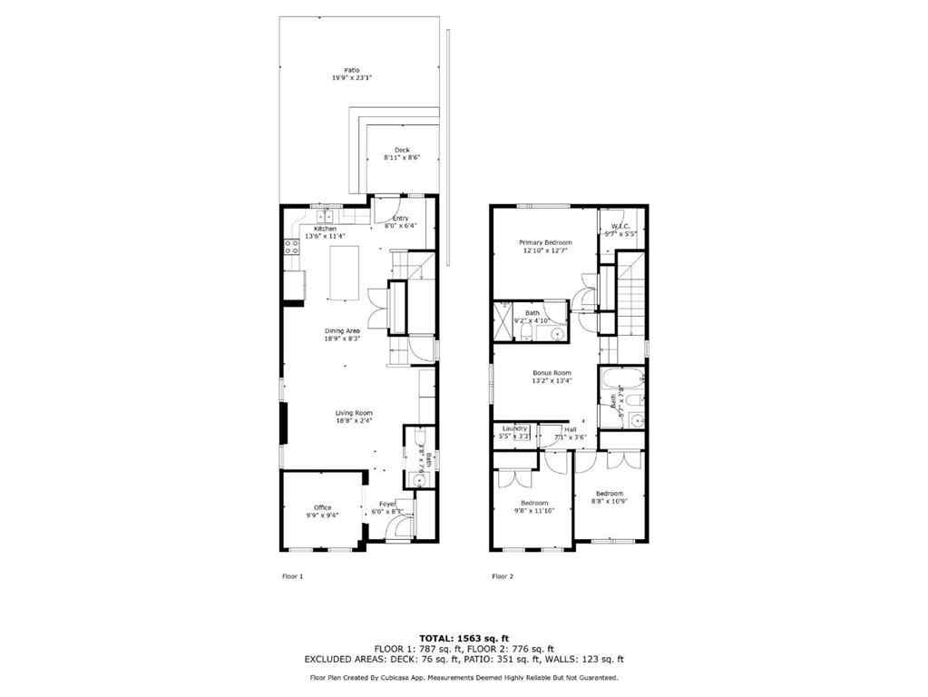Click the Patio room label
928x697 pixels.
pos(352,70)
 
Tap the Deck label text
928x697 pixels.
pos(402,150)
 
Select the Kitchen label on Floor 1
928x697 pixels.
pos(325,229)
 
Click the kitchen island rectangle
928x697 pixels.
pos(343,271)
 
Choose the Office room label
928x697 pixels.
pos(322,507)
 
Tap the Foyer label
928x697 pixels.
pos(387,504)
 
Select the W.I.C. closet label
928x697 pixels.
pos(620,227)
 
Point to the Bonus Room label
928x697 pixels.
pos(551,373)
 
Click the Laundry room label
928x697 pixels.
pos(514,429)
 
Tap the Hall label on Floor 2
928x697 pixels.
pos(570,429)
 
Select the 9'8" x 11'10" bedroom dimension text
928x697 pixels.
pos(534,511)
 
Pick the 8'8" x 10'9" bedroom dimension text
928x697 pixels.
pos(610,501)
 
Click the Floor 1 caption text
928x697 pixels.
pos(293,575)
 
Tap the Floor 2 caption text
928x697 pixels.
pos(502,575)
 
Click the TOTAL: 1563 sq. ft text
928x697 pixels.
pos(464,637)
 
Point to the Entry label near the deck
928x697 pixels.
pos(400,219)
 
